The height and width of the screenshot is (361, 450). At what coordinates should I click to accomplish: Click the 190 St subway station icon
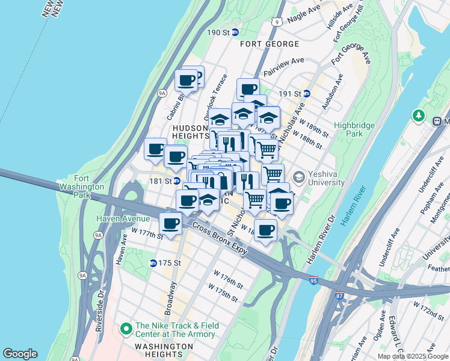click(235, 32)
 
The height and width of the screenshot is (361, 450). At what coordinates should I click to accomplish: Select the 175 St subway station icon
click(153, 263)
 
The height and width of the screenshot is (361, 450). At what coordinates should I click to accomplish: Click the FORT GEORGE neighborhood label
click(270, 45)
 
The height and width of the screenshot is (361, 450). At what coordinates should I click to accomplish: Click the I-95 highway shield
click(313, 280)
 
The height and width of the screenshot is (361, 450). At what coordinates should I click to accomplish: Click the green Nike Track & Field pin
click(126, 329)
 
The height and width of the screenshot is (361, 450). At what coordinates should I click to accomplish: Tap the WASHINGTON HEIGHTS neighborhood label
click(164, 347)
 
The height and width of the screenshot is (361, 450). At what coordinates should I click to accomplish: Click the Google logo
click(20, 354)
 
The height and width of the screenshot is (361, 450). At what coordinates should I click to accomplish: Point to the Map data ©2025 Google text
click(413, 356)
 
